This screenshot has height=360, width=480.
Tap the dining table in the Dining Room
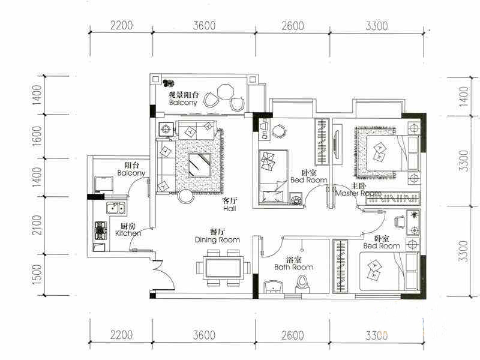[223, 268]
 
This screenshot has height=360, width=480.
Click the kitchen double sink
[115, 208]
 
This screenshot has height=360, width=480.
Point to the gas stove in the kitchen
[101, 230]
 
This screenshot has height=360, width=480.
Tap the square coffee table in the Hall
[199, 165]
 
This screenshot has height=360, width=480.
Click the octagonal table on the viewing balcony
[226, 92]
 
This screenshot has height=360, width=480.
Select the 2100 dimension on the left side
[37, 225]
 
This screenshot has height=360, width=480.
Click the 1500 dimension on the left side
[37, 275]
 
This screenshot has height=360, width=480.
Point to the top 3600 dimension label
[204, 26]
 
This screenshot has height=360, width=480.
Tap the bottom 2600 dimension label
[293, 335]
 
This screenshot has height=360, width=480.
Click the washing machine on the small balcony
[104, 184]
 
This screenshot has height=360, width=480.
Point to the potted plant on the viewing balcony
[168, 83]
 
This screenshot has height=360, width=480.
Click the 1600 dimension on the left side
[37, 136]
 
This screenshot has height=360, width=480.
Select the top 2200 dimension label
[122, 25]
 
